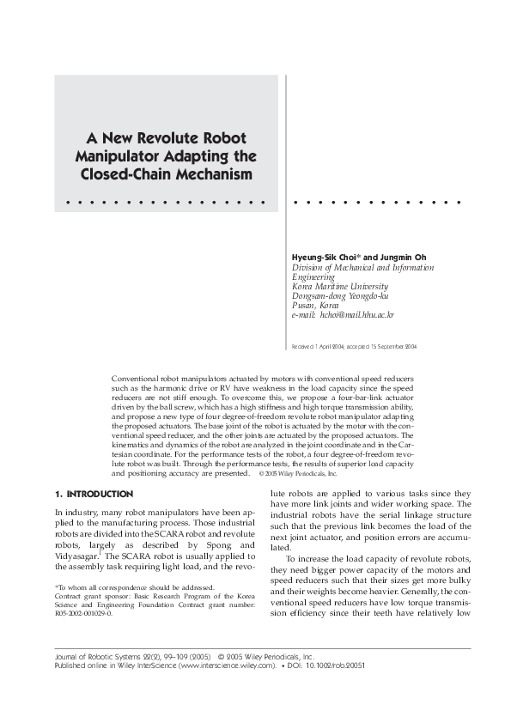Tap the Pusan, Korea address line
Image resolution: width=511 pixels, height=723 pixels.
pyautogui.click(x=315, y=306)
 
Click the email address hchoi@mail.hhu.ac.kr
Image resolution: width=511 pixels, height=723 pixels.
pyautogui.click(x=356, y=316)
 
